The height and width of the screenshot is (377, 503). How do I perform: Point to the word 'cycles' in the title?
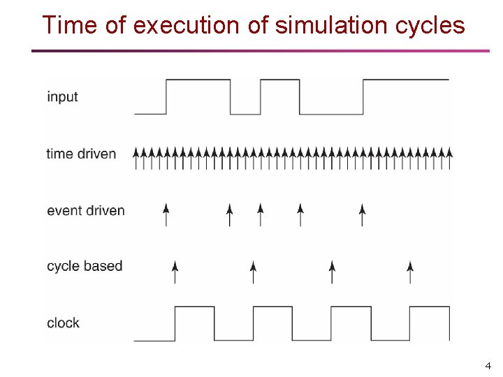(430, 26)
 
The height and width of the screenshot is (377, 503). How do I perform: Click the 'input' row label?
(62, 97)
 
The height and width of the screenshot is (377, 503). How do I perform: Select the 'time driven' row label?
(81, 154)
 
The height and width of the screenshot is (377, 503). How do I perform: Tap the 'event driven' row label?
(85, 210)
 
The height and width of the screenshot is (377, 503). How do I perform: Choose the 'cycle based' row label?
(85, 266)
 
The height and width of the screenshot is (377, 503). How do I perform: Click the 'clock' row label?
(63, 323)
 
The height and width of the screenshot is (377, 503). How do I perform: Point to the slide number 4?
(488, 366)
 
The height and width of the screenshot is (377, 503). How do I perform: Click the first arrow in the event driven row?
(166, 214)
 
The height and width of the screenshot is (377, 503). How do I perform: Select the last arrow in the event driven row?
(362, 214)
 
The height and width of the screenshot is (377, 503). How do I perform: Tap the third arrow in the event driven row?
(261, 214)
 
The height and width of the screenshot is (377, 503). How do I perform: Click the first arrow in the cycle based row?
(175, 272)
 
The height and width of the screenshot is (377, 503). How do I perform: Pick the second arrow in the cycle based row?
(254, 272)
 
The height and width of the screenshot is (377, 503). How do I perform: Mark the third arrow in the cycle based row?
(333, 272)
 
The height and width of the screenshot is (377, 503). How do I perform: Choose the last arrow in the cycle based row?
(411, 272)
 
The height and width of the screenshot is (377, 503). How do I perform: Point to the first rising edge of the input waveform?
(166, 97)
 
